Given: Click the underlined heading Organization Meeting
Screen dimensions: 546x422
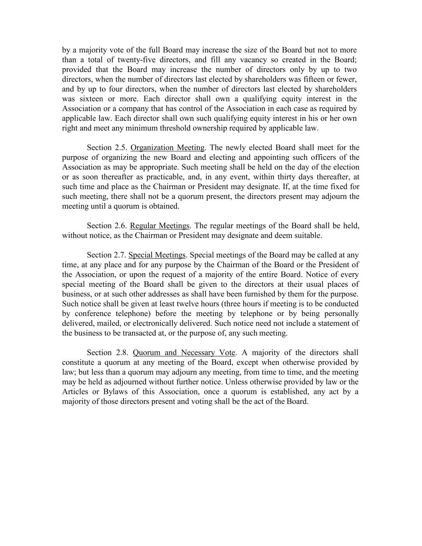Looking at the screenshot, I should click(x=168, y=148).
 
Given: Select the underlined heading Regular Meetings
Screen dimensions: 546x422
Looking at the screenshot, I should click(x=160, y=226).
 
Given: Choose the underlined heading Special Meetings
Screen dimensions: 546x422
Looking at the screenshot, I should click(x=157, y=255).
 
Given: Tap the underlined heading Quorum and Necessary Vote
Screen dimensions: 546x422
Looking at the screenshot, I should click(x=184, y=353).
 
